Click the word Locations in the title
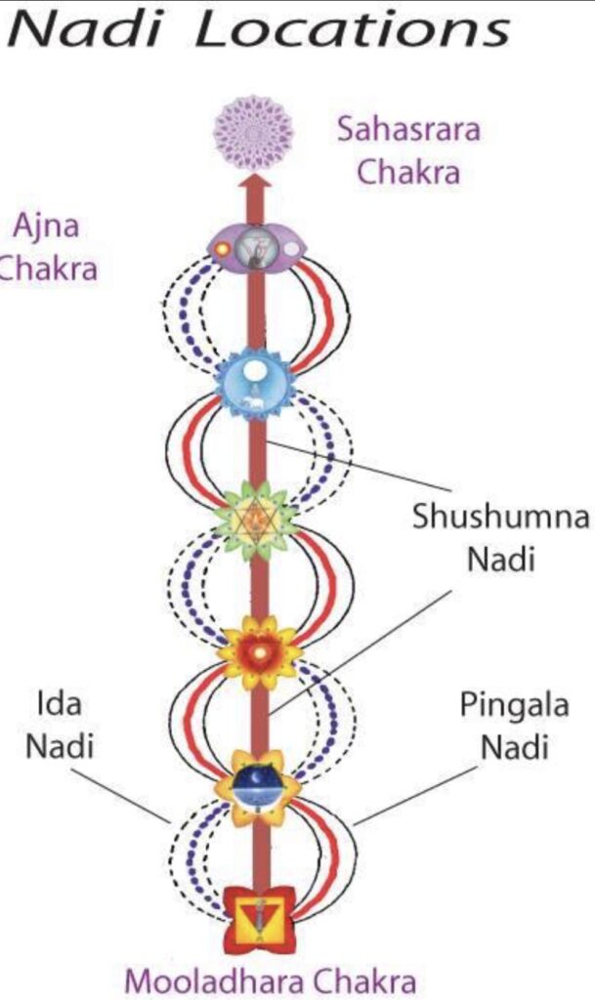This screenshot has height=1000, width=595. pos(353,29)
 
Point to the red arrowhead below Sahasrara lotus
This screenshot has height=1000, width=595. pos(257,186)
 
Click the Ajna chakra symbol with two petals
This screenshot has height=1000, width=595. pos(257,248)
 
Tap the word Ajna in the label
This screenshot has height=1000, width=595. pos(45,227)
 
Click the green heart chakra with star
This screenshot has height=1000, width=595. pos(256,513)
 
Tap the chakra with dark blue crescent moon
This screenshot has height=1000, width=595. pos(257,782)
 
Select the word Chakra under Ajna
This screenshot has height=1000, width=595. pos(47,269)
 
